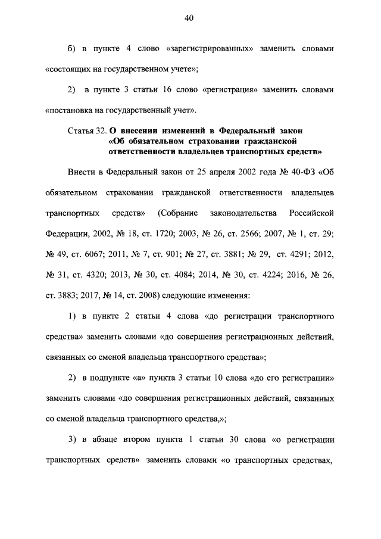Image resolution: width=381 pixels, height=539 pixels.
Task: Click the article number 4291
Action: coord(300,252)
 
